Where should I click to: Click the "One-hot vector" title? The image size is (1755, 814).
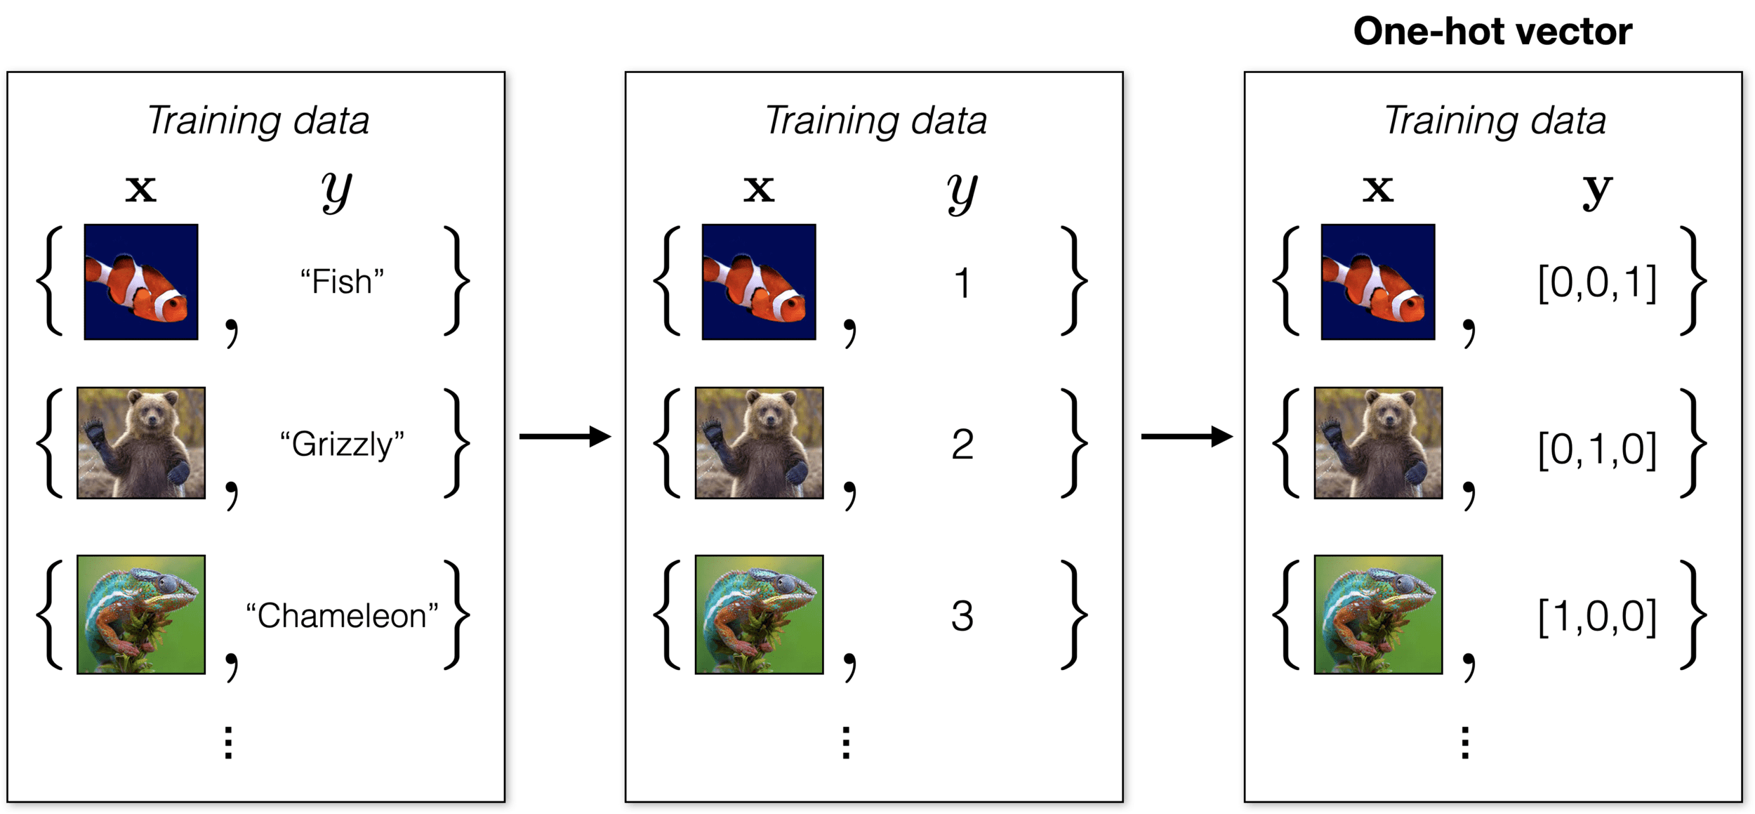click(1492, 32)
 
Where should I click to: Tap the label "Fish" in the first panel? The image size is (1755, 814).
click(342, 282)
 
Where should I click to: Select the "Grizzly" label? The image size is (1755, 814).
click(342, 445)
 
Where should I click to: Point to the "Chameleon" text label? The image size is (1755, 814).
click(342, 616)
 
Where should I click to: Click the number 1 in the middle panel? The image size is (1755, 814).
click(962, 284)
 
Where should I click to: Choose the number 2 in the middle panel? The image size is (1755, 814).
click(962, 445)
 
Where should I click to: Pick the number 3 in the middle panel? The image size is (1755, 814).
click(962, 617)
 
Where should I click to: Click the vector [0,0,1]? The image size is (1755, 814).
click(1597, 284)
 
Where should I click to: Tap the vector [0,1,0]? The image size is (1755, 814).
click(1597, 449)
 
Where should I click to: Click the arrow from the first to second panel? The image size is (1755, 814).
click(565, 437)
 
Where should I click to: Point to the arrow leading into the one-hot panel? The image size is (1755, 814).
click(1186, 437)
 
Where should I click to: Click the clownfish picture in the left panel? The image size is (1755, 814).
click(141, 282)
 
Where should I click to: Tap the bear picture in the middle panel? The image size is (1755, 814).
click(759, 442)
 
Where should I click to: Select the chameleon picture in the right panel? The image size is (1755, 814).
click(1378, 615)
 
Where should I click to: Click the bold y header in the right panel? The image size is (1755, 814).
click(1597, 191)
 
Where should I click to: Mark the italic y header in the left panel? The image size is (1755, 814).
click(337, 191)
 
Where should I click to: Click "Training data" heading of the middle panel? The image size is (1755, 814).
click(876, 121)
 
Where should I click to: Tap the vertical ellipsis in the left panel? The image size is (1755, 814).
click(228, 743)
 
